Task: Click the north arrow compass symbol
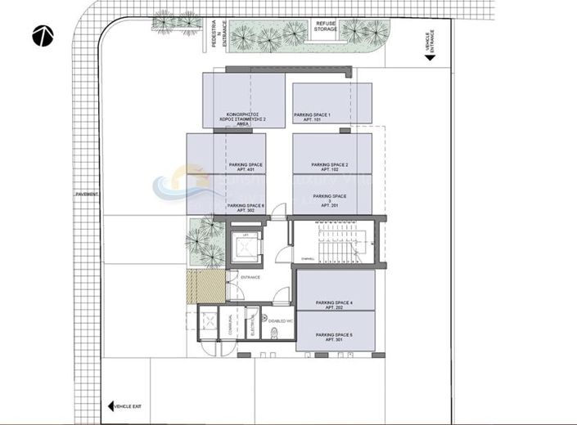(x=43, y=35)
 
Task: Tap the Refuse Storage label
(x=327, y=27)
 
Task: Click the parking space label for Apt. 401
(x=246, y=168)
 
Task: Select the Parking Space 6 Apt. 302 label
(x=246, y=208)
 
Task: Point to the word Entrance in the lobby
(x=250, y=278)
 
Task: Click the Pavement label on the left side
(x=86, y=194)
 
